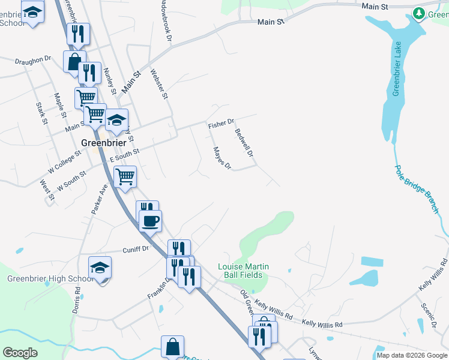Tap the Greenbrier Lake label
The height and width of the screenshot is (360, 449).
[396, 68]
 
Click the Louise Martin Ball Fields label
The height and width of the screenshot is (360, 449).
[243, 271]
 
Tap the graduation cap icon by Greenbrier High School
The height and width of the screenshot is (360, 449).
[100, 267]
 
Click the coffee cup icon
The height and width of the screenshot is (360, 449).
[150, 220]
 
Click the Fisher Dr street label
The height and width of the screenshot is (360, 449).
[220, 124]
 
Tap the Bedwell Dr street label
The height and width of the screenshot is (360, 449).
[244, 143]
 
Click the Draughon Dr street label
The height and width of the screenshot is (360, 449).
[32, 60]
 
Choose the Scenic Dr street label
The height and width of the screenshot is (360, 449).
[428, 316]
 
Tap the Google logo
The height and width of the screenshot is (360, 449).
[20, 353]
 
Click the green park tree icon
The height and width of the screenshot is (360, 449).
[419, 13]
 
